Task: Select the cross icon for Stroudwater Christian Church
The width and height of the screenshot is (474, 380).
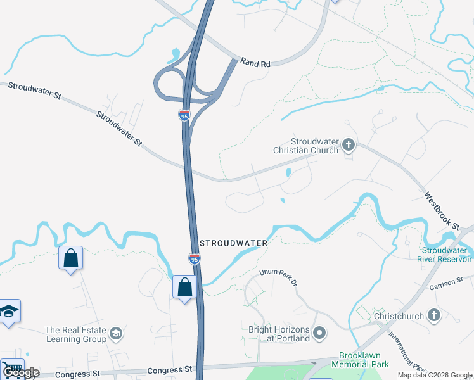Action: [348, 146]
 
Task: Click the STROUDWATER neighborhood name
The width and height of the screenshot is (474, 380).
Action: [233, 243]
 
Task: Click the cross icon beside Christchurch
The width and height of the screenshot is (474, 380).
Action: [434, 315]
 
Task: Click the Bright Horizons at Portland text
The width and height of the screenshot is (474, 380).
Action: [279, 334]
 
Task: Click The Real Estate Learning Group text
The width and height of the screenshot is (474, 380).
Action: [76, 334]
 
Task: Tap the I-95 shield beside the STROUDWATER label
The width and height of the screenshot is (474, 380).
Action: [195, 258]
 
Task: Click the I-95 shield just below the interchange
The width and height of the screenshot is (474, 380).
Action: [184, 115]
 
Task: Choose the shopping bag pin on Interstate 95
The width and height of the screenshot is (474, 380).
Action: [184, 287]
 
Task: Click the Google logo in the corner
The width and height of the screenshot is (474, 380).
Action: [21, 372]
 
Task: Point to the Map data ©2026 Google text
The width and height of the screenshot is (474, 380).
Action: [434, 375]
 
